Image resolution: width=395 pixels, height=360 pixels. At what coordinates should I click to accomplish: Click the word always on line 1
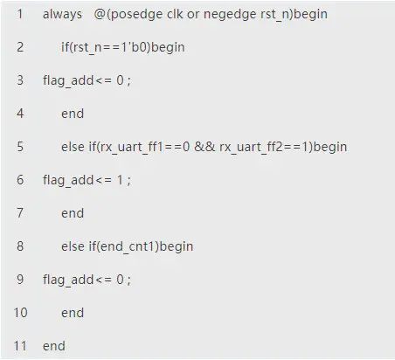(62, 14)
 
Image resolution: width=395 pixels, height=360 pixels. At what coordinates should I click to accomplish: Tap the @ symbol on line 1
(100, 14)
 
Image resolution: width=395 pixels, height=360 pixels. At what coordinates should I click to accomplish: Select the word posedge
(136, 14)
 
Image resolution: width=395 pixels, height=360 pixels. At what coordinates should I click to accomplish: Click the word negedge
(230, 14)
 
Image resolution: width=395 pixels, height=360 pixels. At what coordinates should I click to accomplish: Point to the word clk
(175, 14)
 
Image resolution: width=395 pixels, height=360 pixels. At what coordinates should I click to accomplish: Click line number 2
(20, 47)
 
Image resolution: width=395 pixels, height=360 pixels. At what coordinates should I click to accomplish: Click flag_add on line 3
(68, 80)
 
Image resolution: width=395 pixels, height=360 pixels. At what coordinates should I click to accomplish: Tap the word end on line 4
(73, 114)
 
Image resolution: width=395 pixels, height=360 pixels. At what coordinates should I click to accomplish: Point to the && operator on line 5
(204, 147)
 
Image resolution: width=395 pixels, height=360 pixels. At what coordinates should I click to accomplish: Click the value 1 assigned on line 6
(120, 180)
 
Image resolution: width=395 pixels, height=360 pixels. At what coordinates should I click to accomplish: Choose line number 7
(20, 213)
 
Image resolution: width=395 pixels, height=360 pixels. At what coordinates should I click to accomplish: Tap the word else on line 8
(73, 246)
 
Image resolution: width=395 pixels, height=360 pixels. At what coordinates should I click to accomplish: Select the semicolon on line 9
(128, 280)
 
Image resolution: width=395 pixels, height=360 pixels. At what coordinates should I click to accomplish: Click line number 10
(20, 313)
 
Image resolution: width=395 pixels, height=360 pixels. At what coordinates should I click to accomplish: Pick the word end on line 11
(54, 346)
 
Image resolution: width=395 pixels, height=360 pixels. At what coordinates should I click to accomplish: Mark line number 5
(20, 147)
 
